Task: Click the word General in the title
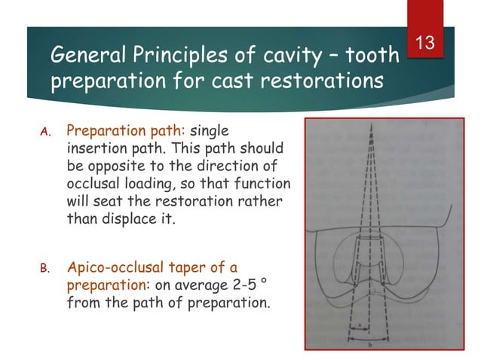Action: pyautogui.click(x=81, y=55)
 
